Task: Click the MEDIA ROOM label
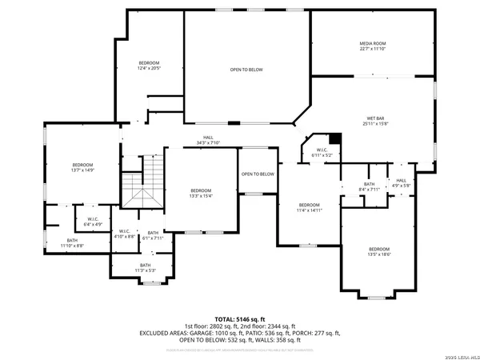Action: point(372,46)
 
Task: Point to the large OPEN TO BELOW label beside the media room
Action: point(246,70)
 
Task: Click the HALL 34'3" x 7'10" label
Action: point(208,140)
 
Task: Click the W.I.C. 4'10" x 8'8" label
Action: point(123,234)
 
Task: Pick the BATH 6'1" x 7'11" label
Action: point(152,235)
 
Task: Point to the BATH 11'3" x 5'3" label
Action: point(145,267)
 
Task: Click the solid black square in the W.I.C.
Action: point(335,138)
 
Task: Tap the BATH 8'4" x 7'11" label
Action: point(369,187)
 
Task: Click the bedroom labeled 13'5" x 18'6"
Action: point(379,251)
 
